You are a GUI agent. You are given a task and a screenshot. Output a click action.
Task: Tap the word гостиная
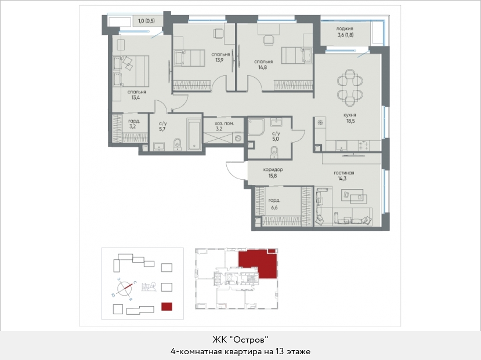344,173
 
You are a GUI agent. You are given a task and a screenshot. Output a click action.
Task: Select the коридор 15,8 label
273,173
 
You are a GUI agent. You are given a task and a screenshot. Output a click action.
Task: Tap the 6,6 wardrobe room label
274,208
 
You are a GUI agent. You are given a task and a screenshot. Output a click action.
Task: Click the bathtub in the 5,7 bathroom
194,134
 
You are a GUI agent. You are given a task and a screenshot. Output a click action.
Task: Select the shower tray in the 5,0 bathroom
256,126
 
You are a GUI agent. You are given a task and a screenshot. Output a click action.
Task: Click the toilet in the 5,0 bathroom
274,151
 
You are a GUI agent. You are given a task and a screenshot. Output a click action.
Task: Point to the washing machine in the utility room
238,138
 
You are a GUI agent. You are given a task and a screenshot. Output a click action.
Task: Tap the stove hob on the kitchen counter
364,146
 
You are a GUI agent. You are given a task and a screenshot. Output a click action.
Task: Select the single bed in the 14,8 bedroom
297,56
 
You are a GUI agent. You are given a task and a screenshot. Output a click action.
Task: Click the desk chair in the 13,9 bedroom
218,34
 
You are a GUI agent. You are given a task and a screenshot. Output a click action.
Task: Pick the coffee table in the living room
357,198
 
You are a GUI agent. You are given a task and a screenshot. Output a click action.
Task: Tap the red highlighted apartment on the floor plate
257,263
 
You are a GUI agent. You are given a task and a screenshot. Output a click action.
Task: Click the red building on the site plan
167,307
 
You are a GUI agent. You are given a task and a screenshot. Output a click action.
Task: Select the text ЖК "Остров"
240,340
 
